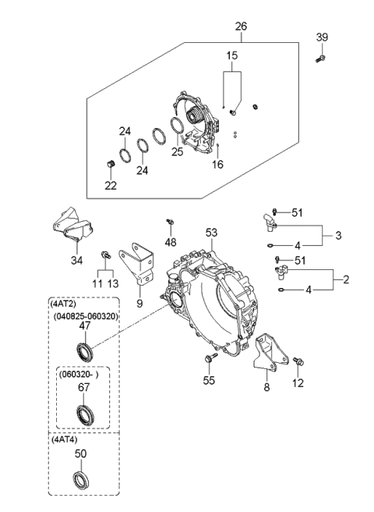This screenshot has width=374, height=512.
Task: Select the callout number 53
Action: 212,233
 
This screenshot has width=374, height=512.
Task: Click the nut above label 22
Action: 111,163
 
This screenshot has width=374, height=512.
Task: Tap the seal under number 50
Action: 81,478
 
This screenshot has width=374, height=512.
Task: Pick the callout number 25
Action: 178,151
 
